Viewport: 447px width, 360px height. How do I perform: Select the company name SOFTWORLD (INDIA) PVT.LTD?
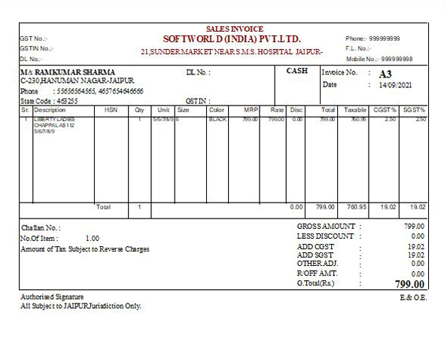[231, 38]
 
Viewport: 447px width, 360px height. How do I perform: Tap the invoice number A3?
[385, 74]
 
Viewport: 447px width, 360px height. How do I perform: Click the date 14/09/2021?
[397, 85]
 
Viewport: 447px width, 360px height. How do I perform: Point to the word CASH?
[297, 71]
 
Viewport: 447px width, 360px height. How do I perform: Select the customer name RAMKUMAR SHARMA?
[75, 72]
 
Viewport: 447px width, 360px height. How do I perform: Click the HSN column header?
[111, 110]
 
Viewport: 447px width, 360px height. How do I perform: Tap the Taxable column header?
[355, 110]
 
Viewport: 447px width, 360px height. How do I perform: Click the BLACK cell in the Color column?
[217, 119]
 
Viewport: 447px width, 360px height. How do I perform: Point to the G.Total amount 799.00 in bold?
[410, 285]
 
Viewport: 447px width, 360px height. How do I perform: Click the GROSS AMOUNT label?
[326, 226]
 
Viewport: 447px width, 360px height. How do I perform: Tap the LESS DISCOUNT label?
[325, 236]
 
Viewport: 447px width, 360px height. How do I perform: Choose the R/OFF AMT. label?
[318, 273]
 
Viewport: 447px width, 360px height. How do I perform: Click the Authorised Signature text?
[52, 297]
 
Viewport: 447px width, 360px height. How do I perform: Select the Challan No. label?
[41, 227]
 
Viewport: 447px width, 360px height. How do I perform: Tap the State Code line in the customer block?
[44, 100]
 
